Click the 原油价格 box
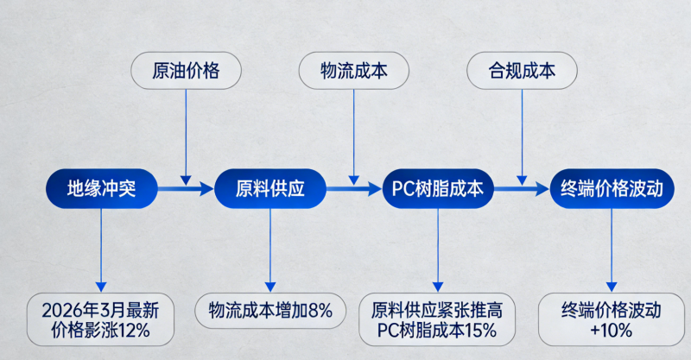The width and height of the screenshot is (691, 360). point(186,71)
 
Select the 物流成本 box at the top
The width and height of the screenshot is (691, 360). point(353,71)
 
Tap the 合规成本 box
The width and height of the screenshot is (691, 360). point(522,71)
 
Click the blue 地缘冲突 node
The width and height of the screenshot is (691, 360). point(102,188)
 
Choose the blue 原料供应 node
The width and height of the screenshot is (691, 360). point(270,188)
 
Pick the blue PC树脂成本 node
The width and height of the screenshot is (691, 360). point(438,188)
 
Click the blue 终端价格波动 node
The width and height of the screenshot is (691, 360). point(612,188)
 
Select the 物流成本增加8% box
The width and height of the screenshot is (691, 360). point(269,310)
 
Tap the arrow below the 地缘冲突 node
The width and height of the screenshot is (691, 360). point(101,250)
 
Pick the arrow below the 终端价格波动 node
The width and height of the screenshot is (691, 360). point(612,250)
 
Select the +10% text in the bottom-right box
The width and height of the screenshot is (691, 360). point(612,329)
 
